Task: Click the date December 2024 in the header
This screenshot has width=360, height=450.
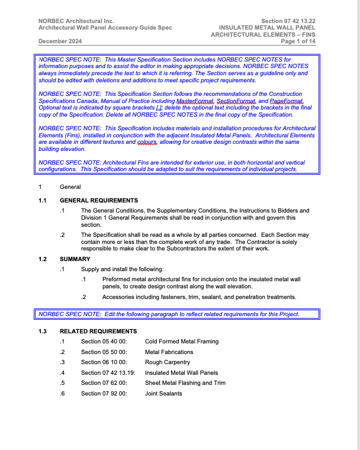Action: pyautogui.click(x=60, y=41)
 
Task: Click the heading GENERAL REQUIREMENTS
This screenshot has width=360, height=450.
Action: pyautogui.click(x=99, y=201)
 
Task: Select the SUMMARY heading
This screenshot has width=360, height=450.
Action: pyautogui.click(x=75, y=259)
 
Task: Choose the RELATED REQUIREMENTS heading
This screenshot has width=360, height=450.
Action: pyautogui.click(x=98, y=331)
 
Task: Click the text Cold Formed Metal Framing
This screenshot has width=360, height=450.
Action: pyautogui.click(x=182, y=342)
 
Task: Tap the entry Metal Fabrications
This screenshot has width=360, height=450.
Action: pyautogui.click(x=169, y=352)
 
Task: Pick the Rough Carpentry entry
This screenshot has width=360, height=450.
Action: pyautogui.click(x=168, y=362)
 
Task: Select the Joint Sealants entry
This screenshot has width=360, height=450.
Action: pyautogui.click(x=163, y=394)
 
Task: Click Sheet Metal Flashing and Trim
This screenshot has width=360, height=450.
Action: pyautogui.click(x=185, y=383)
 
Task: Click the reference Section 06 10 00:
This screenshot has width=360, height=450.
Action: pyautogui.click(x=104, y=362)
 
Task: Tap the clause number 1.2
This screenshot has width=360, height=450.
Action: pyautogui.click(x=43, y=259)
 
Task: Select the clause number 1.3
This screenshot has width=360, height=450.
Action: pyautogui.click(x=43, y=331)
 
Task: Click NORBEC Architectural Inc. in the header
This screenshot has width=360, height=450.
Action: pyautogui.click(x=76, y=21)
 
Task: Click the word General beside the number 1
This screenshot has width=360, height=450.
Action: pyautogui.click(x=70, y=187)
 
